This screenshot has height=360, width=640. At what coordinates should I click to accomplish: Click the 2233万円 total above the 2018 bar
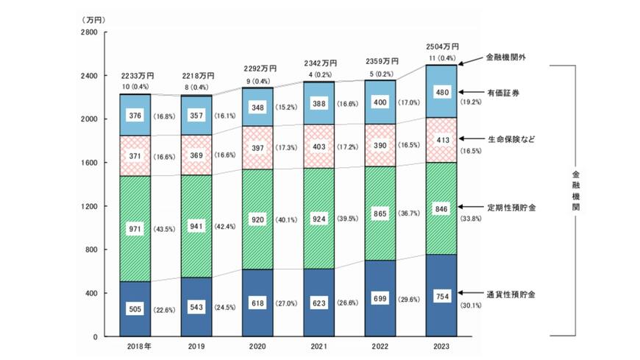pyautogui.click(x=137, y=76)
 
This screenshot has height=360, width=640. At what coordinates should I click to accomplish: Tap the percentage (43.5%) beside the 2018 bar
pyautogui.click(x=164, y=229)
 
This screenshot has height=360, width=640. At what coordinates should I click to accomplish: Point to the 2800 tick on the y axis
pyautogui.click(x=88, y=33)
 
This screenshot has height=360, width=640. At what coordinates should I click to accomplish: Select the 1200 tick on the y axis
pyautogui.click(x=88, y=207)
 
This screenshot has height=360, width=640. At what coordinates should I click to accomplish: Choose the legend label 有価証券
pyautogui.click(x=507, y=93)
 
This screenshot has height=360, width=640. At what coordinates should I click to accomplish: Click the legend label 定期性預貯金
pyautogui.click(x=511, y=208)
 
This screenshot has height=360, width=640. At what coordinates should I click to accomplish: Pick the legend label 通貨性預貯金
pyautogui.click(x=511, y=294)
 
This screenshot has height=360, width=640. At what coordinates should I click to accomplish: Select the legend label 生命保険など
pyautogui.click(x=511, y=138)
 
